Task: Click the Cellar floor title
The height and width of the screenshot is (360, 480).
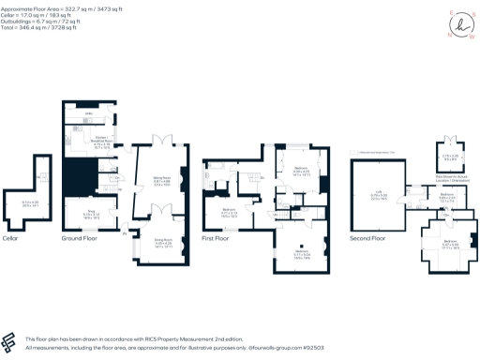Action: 36,238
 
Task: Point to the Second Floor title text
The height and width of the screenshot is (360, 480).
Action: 367,238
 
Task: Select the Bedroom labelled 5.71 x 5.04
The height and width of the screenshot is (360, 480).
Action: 303,253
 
